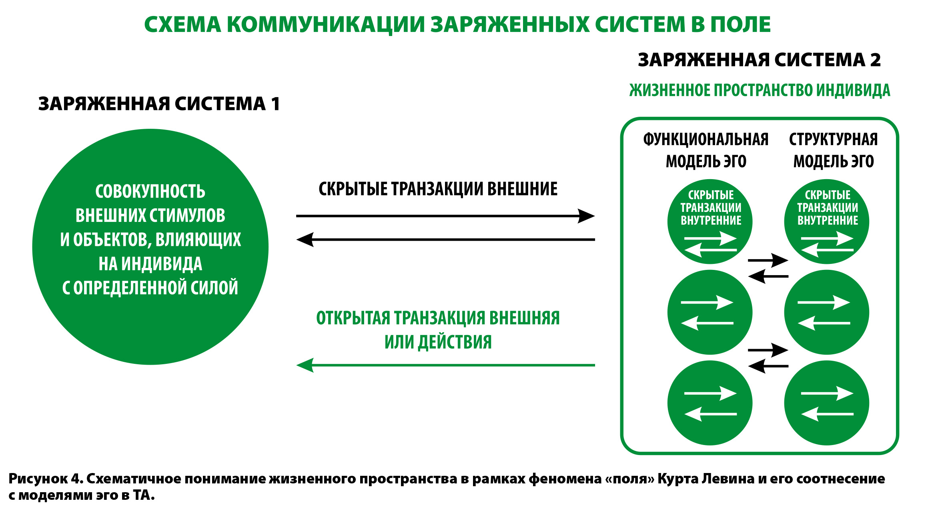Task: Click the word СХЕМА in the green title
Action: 182,25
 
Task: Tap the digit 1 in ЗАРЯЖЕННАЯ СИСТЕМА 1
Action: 275,104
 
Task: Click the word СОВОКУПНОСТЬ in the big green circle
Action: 150,192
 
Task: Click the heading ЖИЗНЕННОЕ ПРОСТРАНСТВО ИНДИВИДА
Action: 760,91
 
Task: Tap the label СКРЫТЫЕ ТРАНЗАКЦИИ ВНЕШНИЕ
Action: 438,189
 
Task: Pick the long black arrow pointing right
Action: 445,216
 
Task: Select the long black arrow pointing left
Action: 445,240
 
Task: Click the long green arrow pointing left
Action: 445,365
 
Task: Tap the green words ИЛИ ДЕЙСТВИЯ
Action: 438,342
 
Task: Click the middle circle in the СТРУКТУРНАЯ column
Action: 826,312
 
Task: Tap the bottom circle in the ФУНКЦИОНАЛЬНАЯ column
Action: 710,403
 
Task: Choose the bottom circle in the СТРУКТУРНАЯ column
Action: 826,403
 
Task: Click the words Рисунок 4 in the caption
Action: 44,479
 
